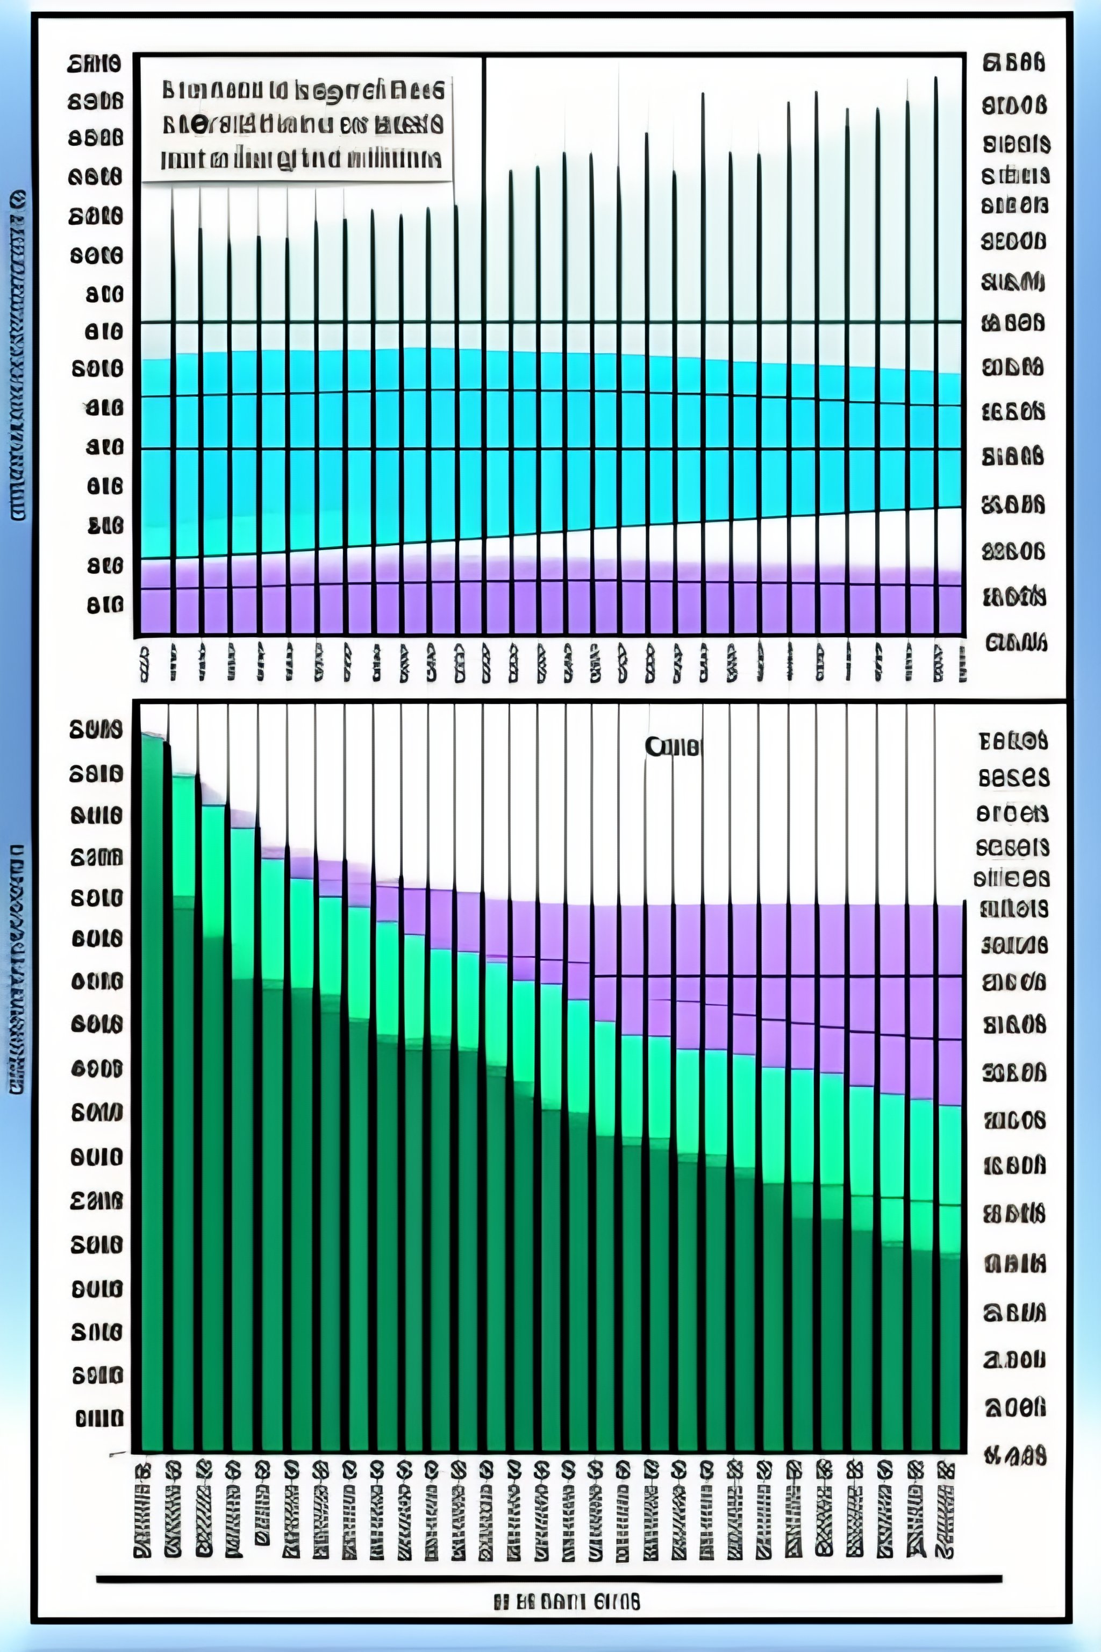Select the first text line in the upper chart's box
[x=302, y=90]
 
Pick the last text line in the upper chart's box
[x=301, y=159]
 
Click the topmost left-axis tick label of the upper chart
[x=94, y=65]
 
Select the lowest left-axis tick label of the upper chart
[x=105, y=605]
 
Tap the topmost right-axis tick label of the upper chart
[x=1013, y=63]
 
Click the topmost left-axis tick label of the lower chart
[x=96, y=730]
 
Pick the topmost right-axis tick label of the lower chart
[x=1012, y=740]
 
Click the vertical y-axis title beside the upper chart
[x=18, y=355]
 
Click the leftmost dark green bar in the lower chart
[x=152, y=1088]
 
